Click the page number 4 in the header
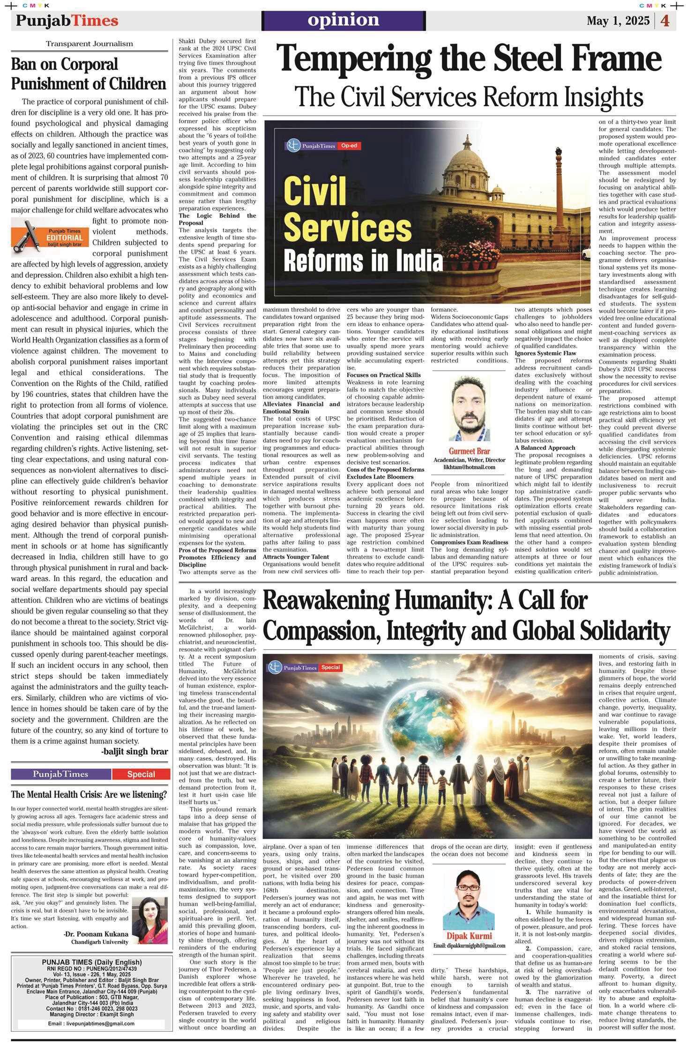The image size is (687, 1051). click(x=665, y=21)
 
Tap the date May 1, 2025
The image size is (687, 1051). click(x=618, y=21)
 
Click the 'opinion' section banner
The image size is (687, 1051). click(x=343, y=20)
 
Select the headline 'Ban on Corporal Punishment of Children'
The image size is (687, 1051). click(x=89, y=74)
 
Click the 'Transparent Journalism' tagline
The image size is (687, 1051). click(x=89, y=44)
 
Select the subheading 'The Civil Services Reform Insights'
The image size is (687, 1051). click(x=469, y=97)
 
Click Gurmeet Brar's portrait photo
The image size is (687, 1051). click(x=470, y=408)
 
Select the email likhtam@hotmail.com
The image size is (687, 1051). click(x=470, y=467)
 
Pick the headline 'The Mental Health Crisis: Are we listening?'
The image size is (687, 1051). click(x=89, y=794)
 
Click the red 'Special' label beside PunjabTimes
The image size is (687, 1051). click(x=141, y=774)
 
